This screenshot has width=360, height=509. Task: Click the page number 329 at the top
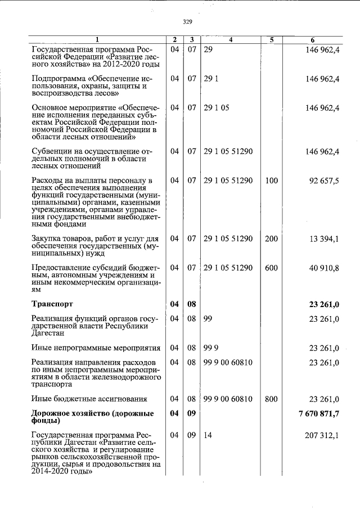click(188, 22)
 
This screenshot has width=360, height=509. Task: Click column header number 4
click(231, 40)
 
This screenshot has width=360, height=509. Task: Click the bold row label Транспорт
click(57, 304)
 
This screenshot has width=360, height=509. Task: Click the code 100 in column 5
click(271, 181)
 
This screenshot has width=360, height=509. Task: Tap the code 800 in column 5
click(271, 399)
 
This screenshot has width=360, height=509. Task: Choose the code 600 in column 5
click(271, 268)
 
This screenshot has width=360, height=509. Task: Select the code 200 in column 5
click(271, 239)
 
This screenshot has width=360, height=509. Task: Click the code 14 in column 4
click(208, 435)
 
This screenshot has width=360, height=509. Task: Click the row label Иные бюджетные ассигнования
click(89, 399)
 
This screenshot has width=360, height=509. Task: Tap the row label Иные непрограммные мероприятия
click(96, 348)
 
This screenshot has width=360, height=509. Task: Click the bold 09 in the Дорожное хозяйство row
click(192, 414)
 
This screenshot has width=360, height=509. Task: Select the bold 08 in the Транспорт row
click(192, 304)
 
